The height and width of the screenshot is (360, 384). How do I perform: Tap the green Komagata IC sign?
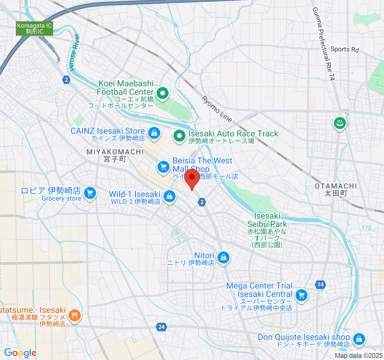click(34, 28)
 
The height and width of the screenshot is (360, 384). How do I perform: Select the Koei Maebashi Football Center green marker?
click(163, 93)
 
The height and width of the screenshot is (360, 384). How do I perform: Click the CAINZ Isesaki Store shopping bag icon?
click(154, 132)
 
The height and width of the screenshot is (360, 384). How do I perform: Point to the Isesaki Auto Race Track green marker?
click(179, 136)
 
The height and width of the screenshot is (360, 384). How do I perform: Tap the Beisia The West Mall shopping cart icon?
click(163, 166)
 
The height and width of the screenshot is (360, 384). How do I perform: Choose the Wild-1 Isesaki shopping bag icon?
click(169, 196)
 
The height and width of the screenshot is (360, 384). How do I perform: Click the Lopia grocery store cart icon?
click(90, 193)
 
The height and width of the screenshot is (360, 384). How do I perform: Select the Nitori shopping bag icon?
click(223, 257)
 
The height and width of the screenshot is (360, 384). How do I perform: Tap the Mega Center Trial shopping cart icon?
click(301, 295)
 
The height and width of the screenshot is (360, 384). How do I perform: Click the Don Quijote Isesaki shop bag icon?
click(358, 339)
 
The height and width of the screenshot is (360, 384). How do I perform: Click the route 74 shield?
click(321, 284)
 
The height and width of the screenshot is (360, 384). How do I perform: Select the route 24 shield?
click(162, 327)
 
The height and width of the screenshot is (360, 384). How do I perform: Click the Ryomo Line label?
click(217, 109)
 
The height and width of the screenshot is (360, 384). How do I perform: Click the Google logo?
click(20, 353)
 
